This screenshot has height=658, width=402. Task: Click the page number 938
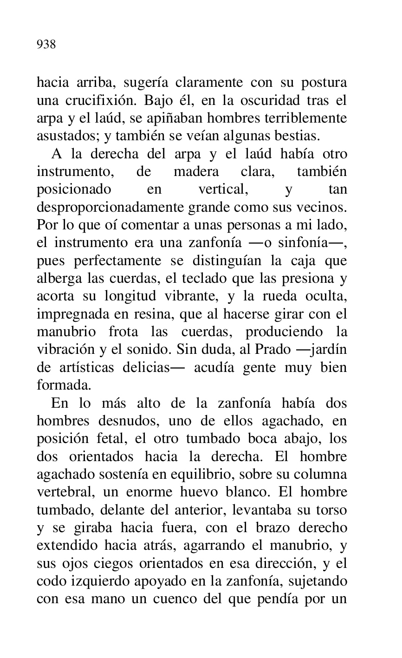click(x=46, y=45)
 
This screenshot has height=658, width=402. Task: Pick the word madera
click(x=196, y=172)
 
